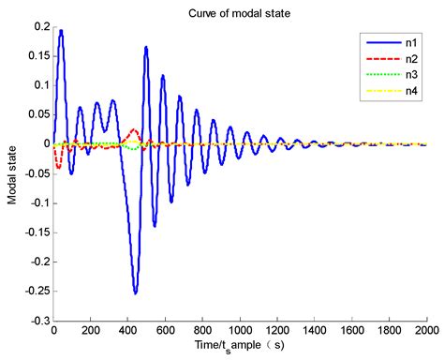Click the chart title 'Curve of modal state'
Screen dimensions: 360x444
point(239,10)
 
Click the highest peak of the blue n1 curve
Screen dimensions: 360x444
point(61,30)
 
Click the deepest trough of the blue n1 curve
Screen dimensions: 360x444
point(136,292)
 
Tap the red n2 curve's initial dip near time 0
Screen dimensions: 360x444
point(58,167)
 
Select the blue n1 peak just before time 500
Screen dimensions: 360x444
point(146,47)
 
